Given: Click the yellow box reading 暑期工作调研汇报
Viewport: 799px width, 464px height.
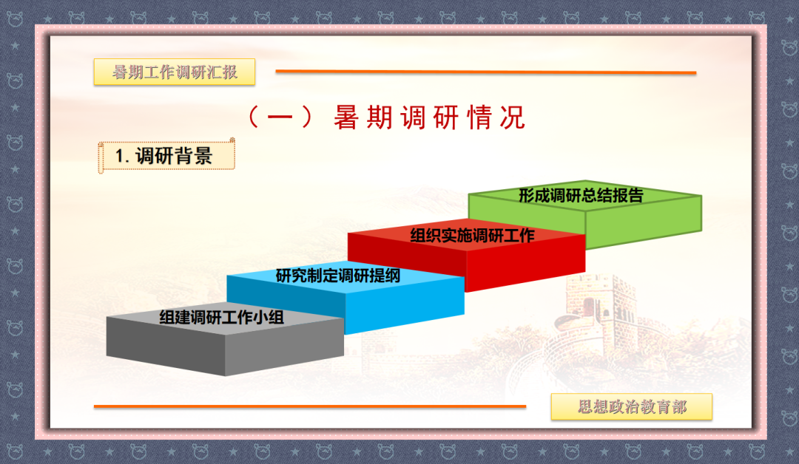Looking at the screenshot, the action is (175, 72).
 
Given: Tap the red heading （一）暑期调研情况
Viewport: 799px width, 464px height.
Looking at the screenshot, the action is (386, 117).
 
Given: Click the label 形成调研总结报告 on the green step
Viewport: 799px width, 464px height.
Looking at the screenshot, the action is (581, 195).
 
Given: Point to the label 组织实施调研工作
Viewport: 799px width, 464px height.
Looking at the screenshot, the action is (472, 236).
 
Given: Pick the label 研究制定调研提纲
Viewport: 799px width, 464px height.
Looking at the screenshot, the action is (338, 276).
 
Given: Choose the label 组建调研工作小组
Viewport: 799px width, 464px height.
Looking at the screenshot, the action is (222, 318).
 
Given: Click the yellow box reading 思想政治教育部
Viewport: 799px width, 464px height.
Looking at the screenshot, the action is (631, 406).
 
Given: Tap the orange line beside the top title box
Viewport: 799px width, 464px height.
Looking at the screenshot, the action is (485, 72).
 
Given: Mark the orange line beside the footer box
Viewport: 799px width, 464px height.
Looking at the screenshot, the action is (310, 406).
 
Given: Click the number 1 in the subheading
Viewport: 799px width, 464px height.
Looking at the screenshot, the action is (119, 156).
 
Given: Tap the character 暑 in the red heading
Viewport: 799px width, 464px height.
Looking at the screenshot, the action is (346, 117).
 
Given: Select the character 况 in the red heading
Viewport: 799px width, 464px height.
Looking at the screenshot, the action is (513, 117).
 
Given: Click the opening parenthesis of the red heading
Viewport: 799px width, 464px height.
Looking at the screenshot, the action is (254, 117).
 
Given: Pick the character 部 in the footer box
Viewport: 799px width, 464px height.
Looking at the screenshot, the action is (678, 406).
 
